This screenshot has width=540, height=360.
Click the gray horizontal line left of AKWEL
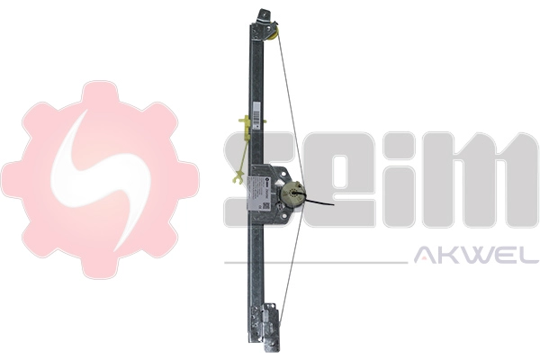pos(315,262)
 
